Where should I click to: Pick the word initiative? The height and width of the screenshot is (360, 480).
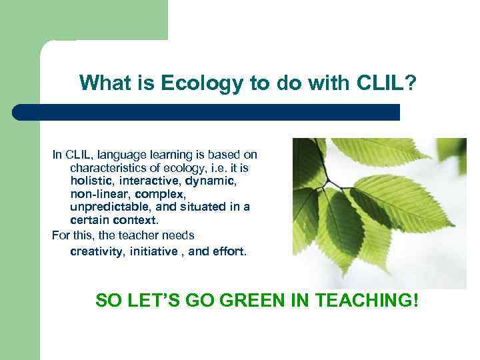pos(155,251)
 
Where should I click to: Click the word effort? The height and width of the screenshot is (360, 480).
pos(228,251)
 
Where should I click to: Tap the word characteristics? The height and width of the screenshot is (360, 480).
pos(111,167)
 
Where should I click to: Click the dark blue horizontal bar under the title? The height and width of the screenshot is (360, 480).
pos(207,112)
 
